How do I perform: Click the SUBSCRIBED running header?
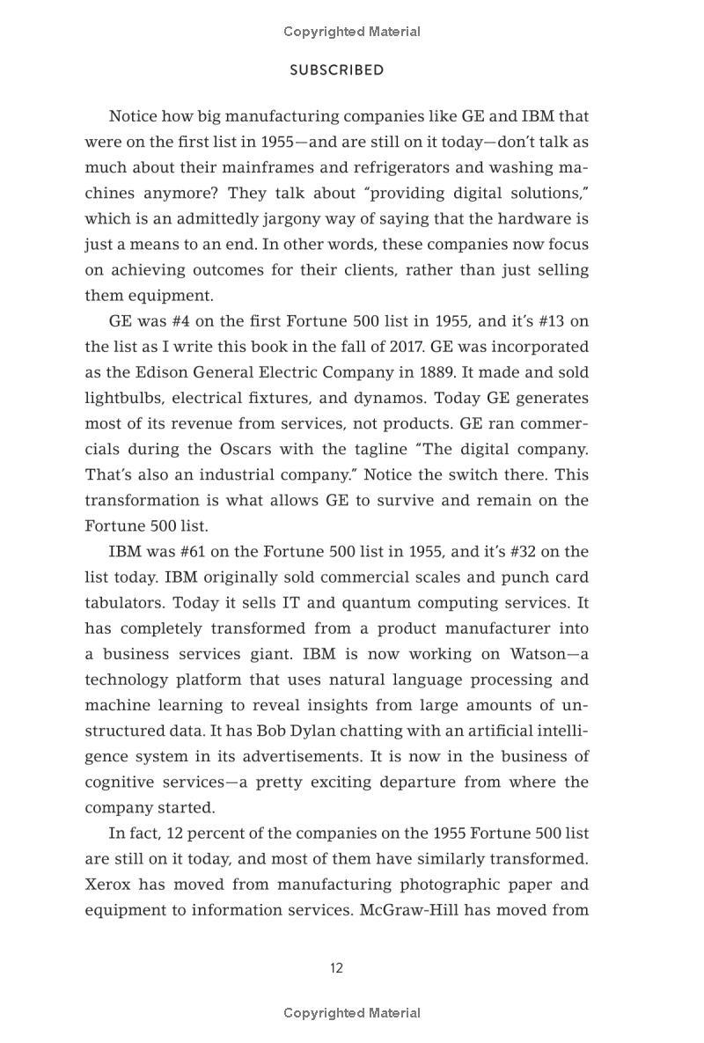coord(337,70)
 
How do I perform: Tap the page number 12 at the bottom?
coord(337,968)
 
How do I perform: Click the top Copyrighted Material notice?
coord(352,32)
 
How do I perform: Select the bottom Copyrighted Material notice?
coord(352,1013)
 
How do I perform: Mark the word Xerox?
coord(107,885)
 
